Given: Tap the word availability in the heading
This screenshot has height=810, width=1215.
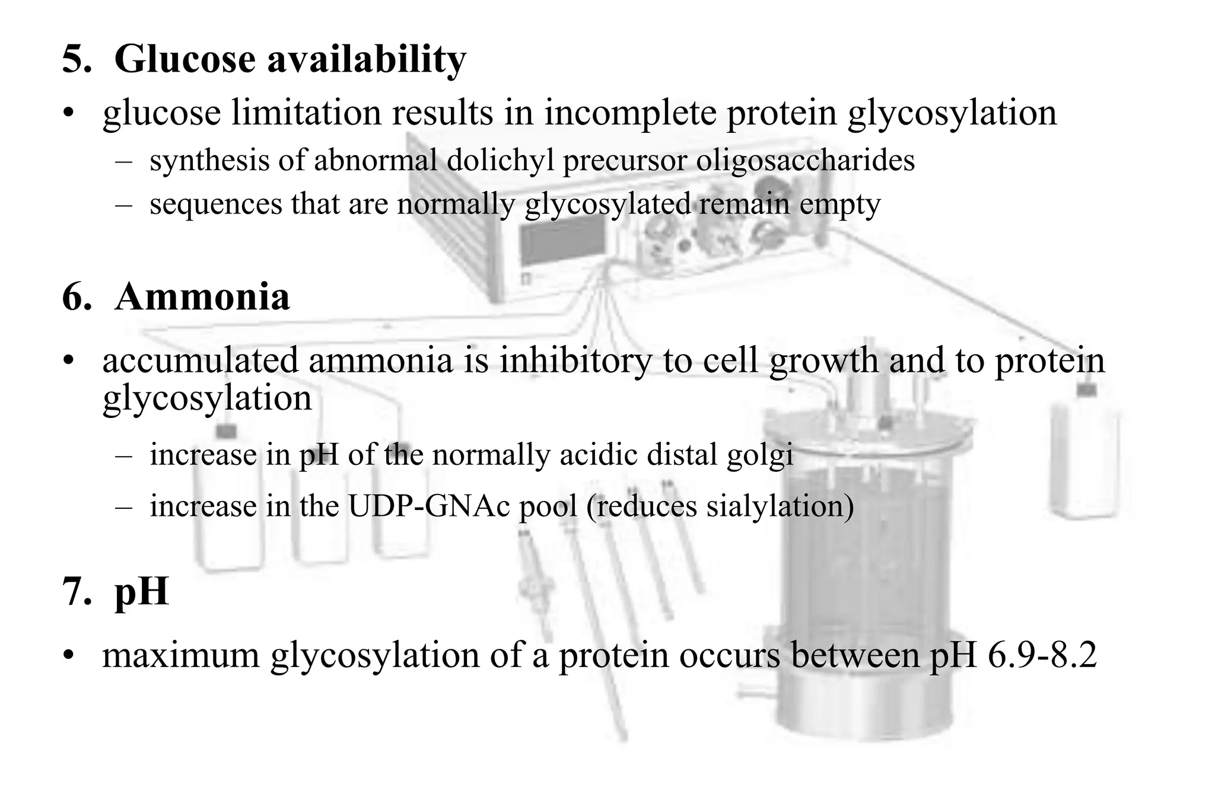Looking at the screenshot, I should coord(367,59).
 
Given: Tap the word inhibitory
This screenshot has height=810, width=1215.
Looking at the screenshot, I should coord(575,360).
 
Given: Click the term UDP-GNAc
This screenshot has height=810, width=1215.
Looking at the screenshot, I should coord(429,506).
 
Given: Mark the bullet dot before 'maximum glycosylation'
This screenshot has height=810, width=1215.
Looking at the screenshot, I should coord(70,656).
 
